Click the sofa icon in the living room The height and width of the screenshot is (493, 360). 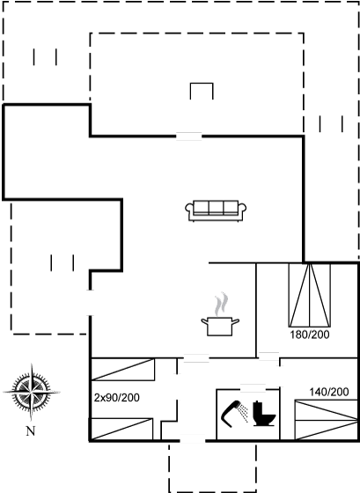(216, 210)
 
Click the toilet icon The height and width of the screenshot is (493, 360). (264, 414)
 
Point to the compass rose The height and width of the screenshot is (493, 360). (32, 392)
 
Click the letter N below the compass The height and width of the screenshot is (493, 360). (31, 431)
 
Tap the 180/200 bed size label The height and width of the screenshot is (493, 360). (310, 335)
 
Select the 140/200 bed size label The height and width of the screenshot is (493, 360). (329, 392)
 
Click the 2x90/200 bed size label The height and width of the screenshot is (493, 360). (117, 398)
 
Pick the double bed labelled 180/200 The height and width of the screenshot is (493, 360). (310, 295)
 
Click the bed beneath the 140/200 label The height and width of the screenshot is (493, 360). (326, 420)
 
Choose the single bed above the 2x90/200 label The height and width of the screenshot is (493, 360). (122, 370)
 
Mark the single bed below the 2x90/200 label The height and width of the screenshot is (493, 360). (121, 430)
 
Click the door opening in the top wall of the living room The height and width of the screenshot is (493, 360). (188, 136)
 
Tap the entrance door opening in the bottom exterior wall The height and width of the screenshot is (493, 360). (193, 441)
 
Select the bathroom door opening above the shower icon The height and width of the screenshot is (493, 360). (253, 388)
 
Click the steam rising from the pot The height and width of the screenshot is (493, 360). (221, 304)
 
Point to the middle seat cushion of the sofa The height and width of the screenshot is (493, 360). (216, 208)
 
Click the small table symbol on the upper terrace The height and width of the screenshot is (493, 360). (202, 92)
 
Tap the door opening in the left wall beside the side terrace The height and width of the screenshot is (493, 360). (91, 303)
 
